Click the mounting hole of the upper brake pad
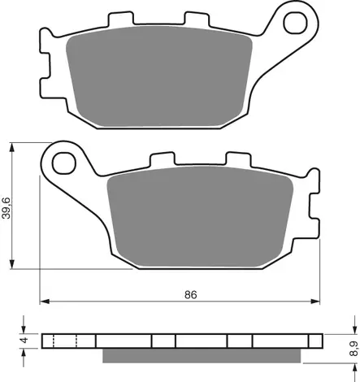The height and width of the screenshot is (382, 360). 291,22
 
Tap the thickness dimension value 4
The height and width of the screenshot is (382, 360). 25,340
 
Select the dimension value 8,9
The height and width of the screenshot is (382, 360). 351,348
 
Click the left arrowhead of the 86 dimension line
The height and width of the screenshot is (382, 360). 46,302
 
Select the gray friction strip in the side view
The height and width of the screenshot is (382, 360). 204,355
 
